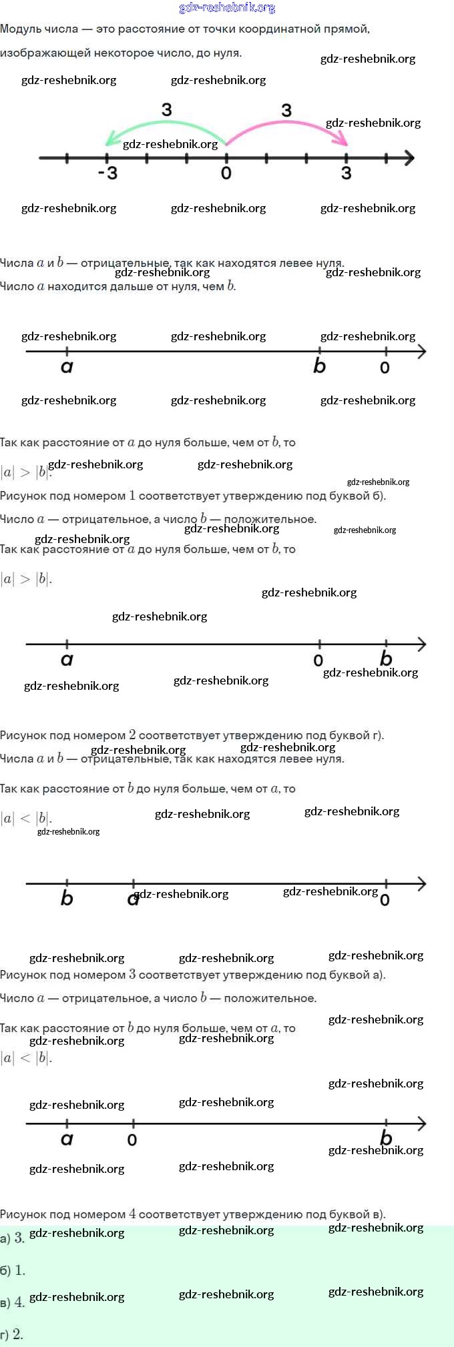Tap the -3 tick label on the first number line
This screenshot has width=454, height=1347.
tap(107, 173)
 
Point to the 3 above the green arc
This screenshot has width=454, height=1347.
tap(167, 109)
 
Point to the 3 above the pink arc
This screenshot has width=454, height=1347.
tap(286, 110)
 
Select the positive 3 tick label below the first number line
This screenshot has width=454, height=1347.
tap(346, 173)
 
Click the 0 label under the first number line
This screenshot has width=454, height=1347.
tap(226, 173)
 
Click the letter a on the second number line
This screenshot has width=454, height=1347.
tap(67, 366)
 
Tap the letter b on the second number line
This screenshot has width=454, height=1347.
tap(320, 366)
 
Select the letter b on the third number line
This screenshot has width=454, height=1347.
tap(386, 658)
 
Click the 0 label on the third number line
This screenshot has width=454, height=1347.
tap(318, 660)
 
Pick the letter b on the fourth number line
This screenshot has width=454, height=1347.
tap(67, 898)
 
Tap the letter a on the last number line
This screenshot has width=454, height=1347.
tap(67, 1139)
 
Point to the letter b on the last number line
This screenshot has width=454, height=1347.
tap(386, 1138)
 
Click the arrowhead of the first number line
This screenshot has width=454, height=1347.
tap(409, 158)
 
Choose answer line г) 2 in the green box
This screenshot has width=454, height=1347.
tap(12, 1334)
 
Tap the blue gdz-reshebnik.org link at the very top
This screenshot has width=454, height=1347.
tap(227, 8)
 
